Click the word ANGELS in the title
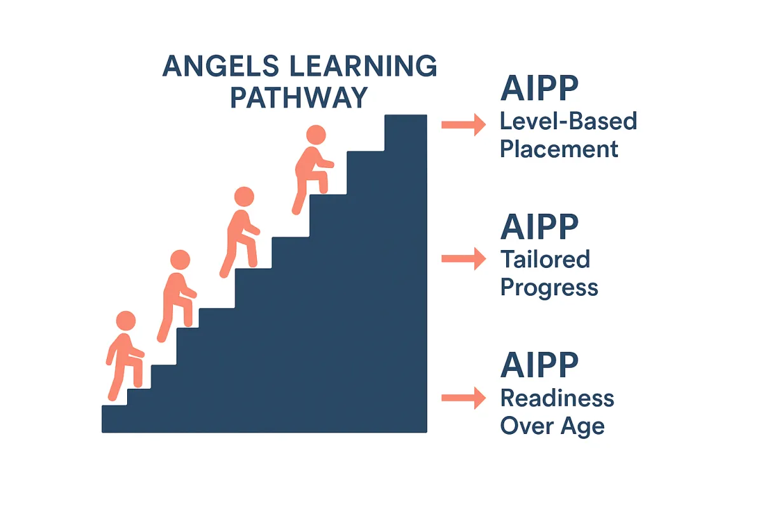click(221, 66)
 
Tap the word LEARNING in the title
click(364, 66)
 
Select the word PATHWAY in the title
click(299, 97)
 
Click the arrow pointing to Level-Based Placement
click(464, 125)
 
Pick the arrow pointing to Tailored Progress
click(464, 259)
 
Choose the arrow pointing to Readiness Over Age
click(464, 398)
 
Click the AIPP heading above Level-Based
click(539, 88)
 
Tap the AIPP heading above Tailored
click(539, 227)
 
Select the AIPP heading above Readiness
click(539, 365)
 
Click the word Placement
click(559, 149)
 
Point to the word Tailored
click(545, 259)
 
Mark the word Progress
click(549, 288)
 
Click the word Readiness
click(557, 398)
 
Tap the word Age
click(583, 427)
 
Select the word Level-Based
click(568, 121)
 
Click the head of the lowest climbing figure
click(126, 321)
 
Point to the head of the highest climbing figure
click(316, 135)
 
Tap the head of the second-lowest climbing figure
click(180, 260)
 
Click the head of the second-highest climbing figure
click(244, 197)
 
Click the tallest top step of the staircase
click(406, 133)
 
